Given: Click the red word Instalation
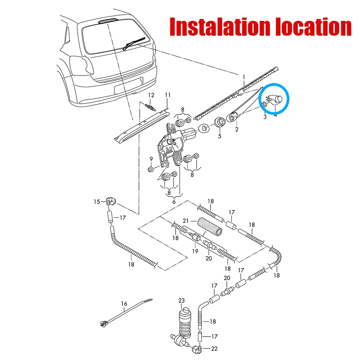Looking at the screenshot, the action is point(220,27).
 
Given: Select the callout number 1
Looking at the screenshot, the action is point(244,77).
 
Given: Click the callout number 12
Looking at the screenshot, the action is point(151,95).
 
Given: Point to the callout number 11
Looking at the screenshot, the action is point(168,95).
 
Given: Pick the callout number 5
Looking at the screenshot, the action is point(220,136).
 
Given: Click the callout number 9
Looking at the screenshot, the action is point(151,159).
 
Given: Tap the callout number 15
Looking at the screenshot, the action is point(96,202).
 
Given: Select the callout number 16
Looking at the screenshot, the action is point(124,304).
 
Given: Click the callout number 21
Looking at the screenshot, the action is point(186,221).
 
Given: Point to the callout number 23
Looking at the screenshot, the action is point(181,301).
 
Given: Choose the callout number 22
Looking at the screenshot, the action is point(214,349).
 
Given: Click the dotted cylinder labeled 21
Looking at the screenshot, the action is point(210,226).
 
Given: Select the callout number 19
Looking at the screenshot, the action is point(195,251).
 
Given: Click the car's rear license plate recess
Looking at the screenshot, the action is point(129,86).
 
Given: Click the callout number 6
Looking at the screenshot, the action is point(174,202).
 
